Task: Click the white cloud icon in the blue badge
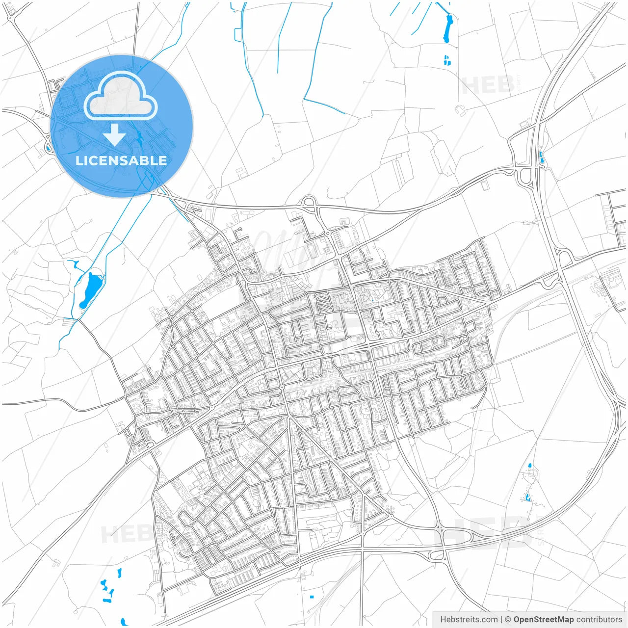(x=121, y=96)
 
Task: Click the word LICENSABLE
(x=121, y=160)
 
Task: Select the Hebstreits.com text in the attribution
(x=469, y=620)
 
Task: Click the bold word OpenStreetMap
(x=544, y=620)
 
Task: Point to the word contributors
(x=599, y=620)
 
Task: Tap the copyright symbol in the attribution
(x=508, y=620)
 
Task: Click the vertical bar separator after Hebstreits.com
(x=501, y=620)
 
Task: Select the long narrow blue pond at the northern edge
(x=447, y=28)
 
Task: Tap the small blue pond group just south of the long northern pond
(x=446, y=60)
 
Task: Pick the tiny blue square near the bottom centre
(x=312, y=597)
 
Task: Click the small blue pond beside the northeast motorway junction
(x=541, y=158)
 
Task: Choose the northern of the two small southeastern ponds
(x=529, y=465)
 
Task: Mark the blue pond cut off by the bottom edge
(x=124, y=622)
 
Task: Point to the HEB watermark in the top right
(x=488, y=85)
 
